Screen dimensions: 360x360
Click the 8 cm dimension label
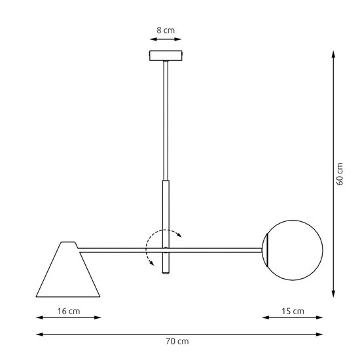(x=164, y=30)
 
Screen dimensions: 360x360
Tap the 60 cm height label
(x=340, y=173)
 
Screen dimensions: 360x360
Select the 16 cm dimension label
(x=68, y=311)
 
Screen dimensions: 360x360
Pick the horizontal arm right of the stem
(x=216, y=249)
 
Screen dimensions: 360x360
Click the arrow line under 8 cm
(x=164, y=41)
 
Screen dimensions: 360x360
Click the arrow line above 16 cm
(x=68, y=318)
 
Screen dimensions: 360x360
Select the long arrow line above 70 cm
(x=179, y=334)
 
